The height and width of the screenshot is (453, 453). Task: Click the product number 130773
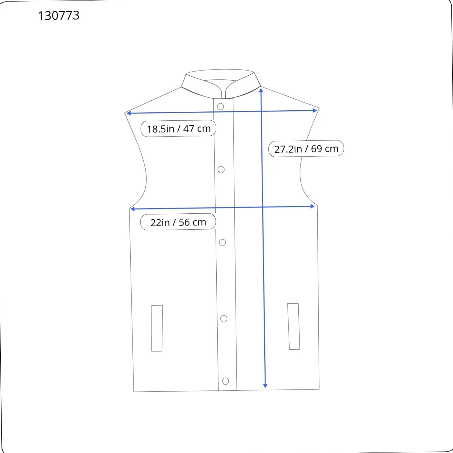tap(59, 15)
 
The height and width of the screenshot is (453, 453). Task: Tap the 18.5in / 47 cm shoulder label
tap(178, 128)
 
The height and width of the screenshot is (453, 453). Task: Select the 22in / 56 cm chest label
tap(178, 222)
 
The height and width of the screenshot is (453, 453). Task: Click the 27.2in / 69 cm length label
tap(306, 149)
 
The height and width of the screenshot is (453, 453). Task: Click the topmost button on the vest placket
tap(220, 107)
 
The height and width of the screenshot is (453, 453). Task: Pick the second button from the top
tap(221, 169)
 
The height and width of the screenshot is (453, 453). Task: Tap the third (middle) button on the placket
tap(223, 242)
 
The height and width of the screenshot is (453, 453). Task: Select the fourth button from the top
tap(224, 319)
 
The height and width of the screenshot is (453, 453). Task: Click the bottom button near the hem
tap(225, 381)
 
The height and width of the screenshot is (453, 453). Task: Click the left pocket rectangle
tap(157, 328)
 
